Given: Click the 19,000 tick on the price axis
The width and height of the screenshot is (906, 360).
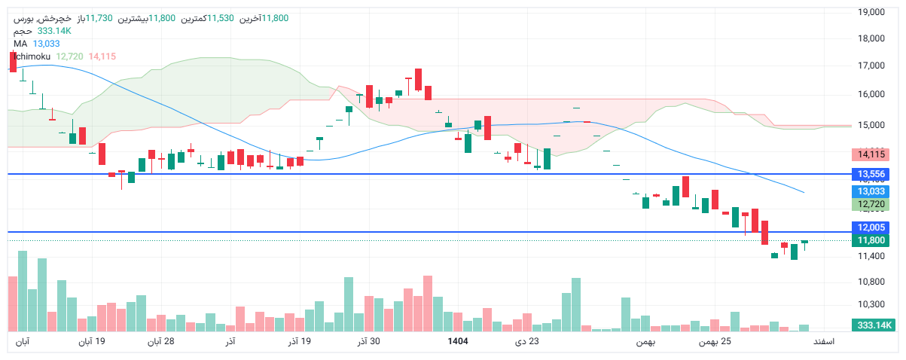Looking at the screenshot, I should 871,11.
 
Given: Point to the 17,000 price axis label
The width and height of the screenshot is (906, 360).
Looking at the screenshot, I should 871,66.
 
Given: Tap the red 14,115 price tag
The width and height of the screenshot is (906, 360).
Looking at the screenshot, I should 871,154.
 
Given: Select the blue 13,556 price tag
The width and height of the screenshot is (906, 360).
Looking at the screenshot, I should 871,175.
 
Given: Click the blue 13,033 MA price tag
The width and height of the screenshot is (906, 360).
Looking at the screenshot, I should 871,191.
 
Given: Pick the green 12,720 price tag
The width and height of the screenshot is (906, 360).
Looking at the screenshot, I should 871,205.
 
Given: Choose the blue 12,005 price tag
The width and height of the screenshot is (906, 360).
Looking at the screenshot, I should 871,227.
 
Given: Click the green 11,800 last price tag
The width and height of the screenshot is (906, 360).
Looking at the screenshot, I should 871,240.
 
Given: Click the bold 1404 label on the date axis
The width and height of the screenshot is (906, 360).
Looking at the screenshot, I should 458,342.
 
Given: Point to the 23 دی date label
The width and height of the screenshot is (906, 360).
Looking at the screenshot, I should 527,342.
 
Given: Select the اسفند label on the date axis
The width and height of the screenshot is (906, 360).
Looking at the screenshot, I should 823,342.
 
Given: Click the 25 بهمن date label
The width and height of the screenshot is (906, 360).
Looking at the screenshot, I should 715,342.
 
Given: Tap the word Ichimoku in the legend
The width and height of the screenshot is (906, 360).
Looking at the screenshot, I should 32,56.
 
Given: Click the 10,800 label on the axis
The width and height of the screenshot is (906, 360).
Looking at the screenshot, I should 871,282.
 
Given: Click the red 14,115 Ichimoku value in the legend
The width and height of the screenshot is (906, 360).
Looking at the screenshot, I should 102,56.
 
